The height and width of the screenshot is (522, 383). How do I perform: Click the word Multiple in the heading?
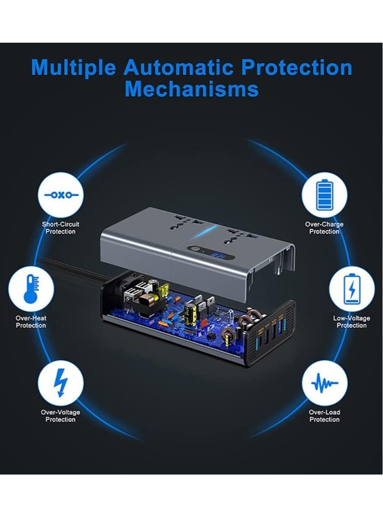pos(73,68)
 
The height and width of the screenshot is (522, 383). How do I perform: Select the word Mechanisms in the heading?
pos(191,89)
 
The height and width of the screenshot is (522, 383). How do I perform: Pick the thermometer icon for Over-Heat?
pos(31,289)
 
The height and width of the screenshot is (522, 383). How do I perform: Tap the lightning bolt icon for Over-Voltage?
pos(60,383)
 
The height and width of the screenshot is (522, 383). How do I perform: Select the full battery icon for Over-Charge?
pos(324,195)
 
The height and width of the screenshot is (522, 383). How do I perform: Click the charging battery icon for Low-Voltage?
pos(352,289)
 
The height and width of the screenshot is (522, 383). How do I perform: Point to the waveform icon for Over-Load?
pos(324,383)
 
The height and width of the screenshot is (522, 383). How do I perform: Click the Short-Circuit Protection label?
pos(60,228)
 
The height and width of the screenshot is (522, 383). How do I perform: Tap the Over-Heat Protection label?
pos(31,322)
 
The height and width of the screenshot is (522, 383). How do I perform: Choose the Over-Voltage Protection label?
pos(60,416)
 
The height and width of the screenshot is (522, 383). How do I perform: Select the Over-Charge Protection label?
pos(324,228)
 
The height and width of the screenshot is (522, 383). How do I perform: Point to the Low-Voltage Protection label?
pos(352,322)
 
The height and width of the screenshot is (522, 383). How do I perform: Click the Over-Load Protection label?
pos(324,416)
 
